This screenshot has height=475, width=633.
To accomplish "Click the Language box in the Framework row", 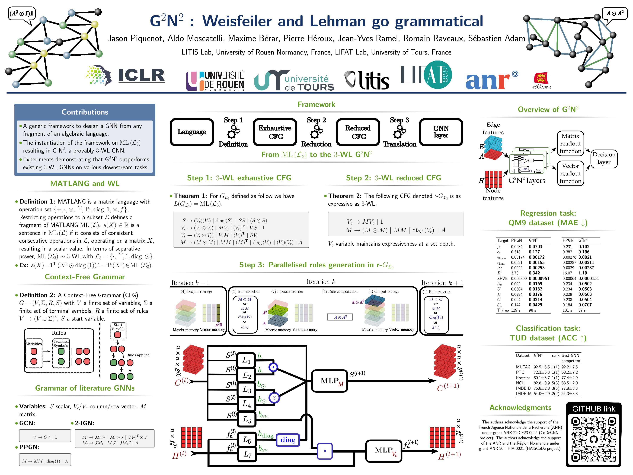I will tap(192, 132).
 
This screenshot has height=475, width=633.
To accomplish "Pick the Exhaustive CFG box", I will tap(275, 132).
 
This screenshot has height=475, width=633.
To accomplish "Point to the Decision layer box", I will tap(604, 158).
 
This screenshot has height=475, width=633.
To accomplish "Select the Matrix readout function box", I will tap(570, 143).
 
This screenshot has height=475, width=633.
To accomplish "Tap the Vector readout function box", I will tap(570, 173).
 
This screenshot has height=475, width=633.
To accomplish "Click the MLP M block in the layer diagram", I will tap(330, 381).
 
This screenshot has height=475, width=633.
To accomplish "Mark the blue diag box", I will tap(288, 440).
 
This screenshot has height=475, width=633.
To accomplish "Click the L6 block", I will tap(247, 439).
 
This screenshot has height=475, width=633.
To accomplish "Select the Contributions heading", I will tap(85, 112).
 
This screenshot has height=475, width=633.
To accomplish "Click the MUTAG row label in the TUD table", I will tap(523, 367).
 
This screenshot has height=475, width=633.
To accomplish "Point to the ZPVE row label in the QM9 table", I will tap(502, 278).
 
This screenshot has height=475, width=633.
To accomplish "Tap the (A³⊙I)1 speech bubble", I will tap(22, 13).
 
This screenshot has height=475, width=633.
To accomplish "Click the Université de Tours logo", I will tap(294, 80).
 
